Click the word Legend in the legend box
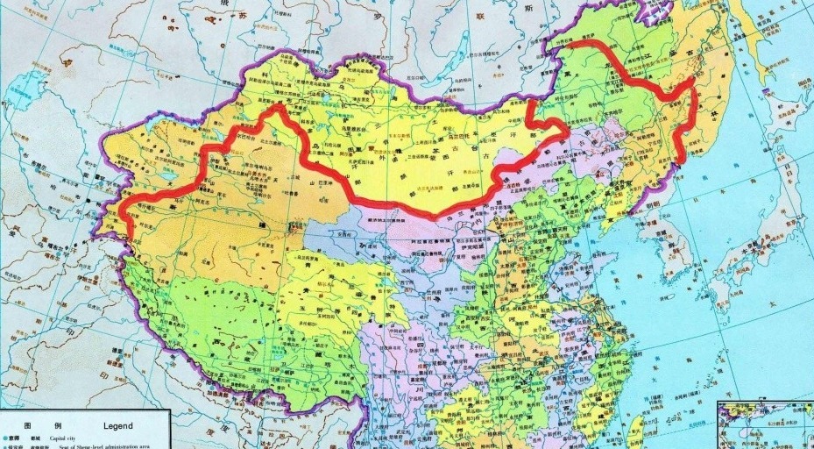point(117,425)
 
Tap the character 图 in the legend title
point(27,425)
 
